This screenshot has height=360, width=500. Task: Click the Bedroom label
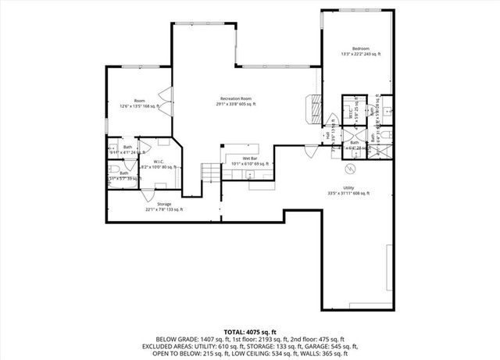click(x=359, y=48)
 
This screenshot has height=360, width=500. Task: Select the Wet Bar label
click(x=239, y=159)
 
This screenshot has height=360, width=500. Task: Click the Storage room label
click(x=143, y=204)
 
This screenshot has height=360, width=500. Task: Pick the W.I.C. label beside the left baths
click(x=159, y=162)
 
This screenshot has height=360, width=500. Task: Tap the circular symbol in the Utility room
click(x=350, y=168)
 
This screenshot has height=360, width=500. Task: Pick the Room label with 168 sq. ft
click(x=139, y=100)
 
